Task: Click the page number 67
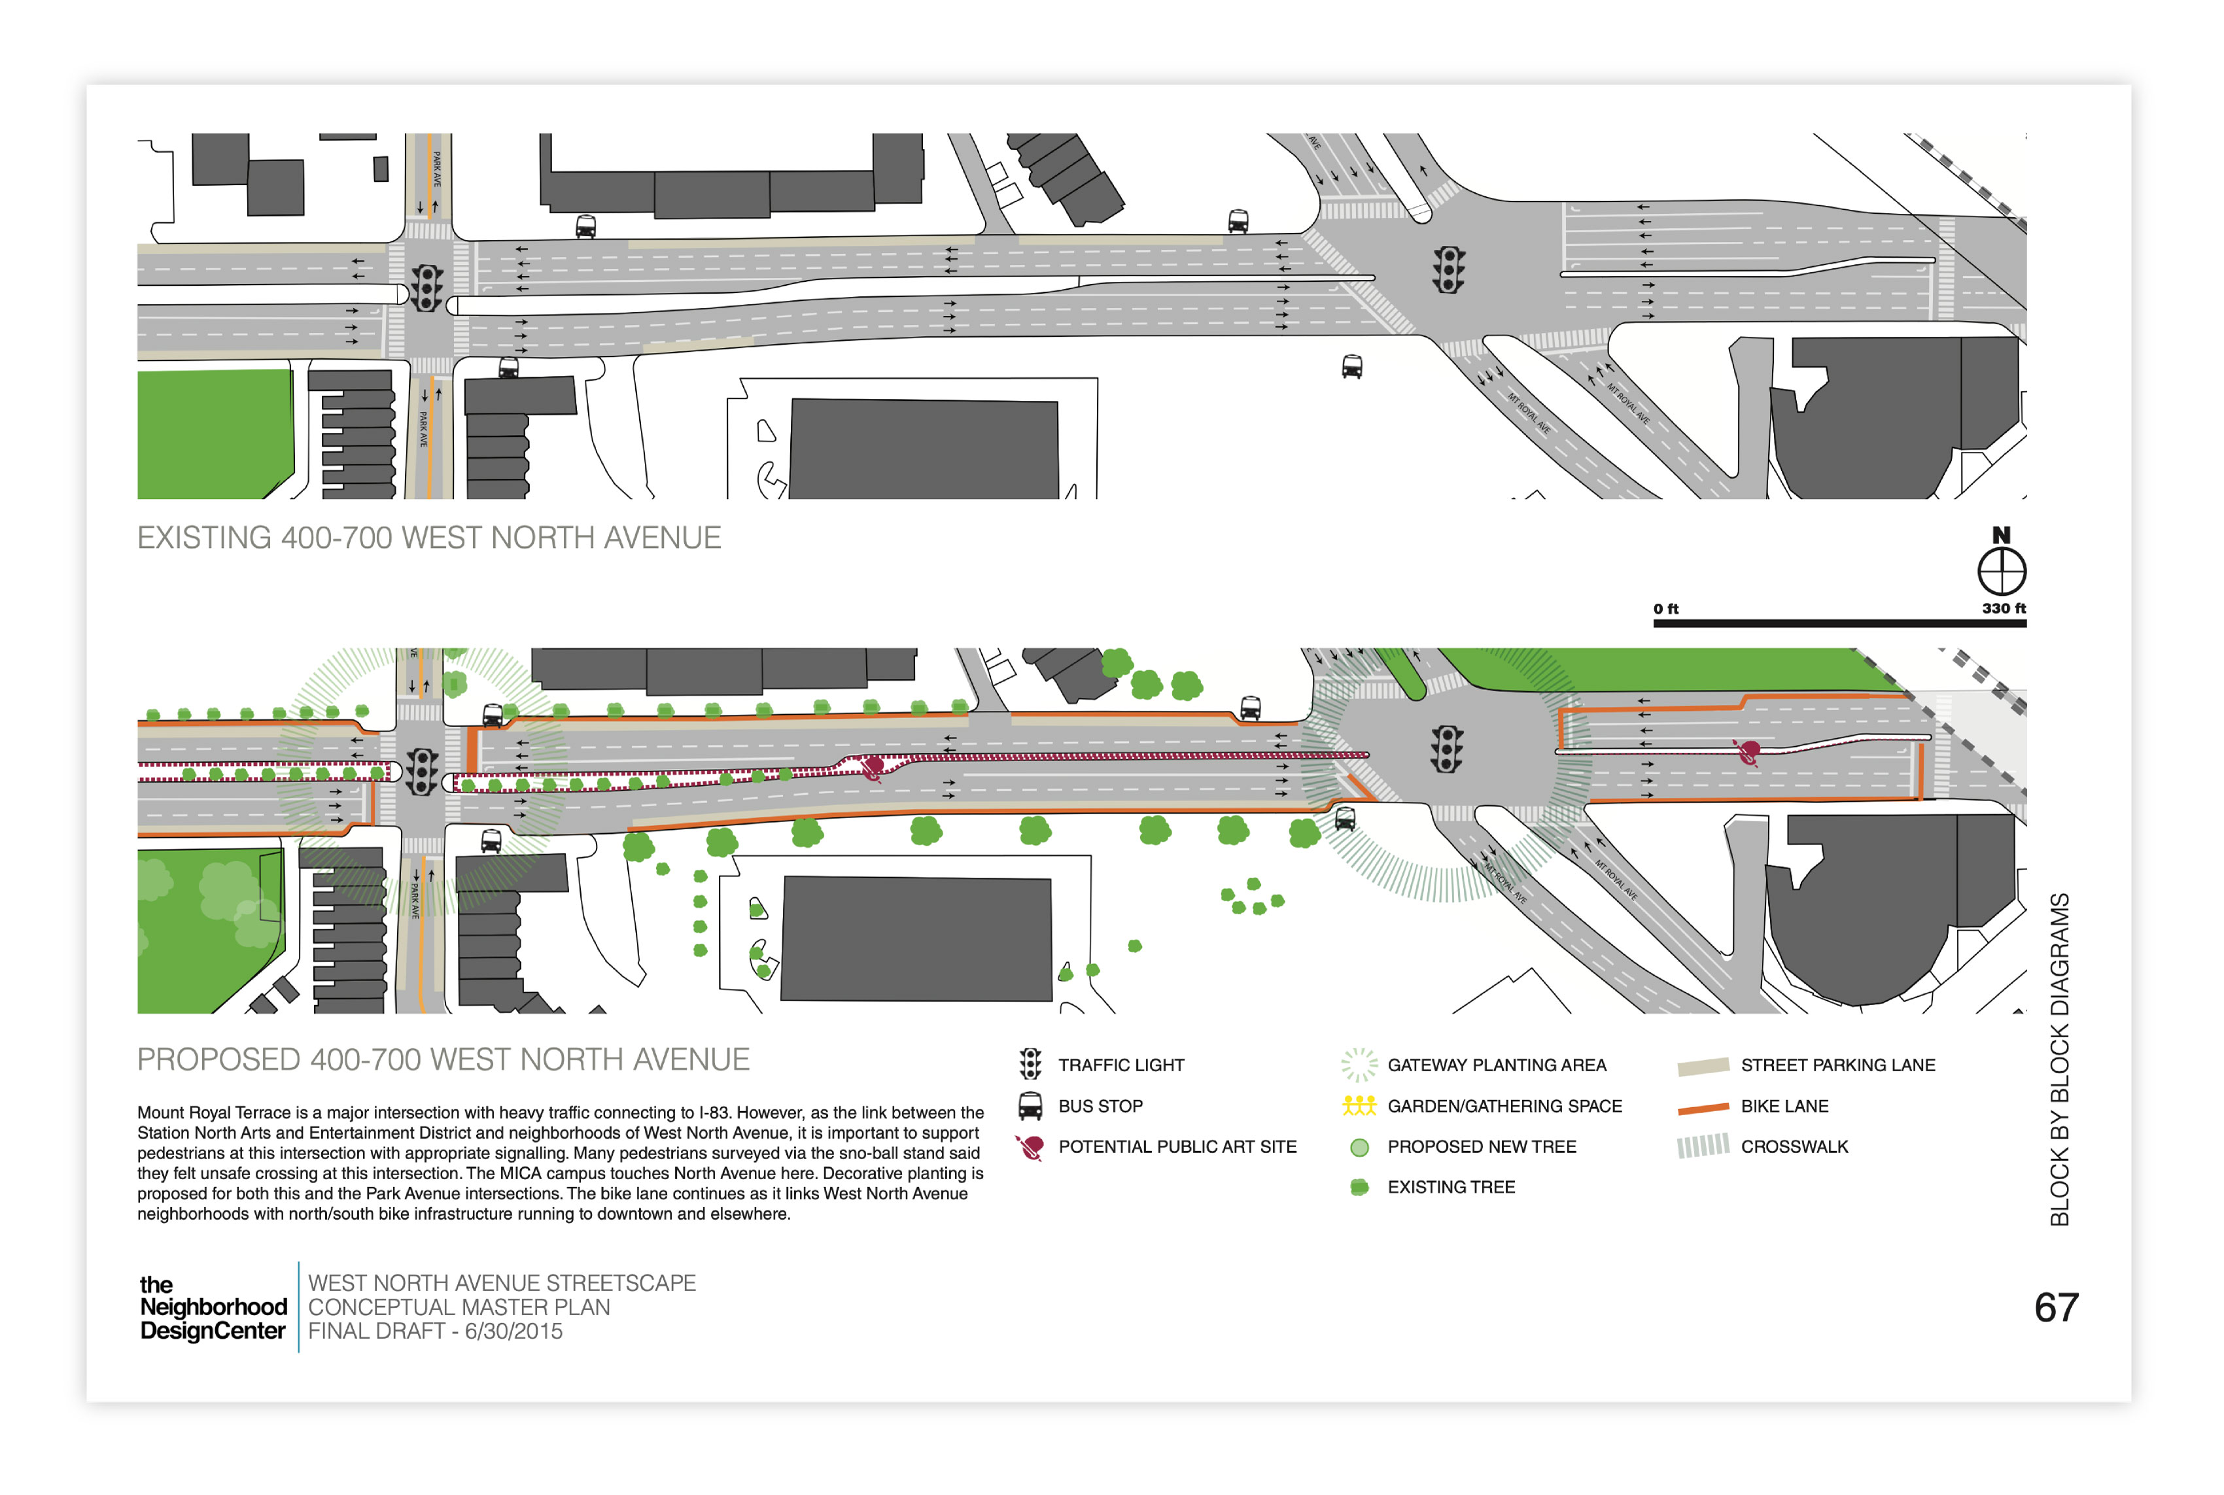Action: (2055, 1307)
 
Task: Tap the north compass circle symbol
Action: (2001, 571)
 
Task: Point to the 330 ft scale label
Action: (2003, 608)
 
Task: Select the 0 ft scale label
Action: (1665, 608)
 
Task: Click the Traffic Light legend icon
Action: (1030, 1064)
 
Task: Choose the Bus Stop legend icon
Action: (1030, 1106)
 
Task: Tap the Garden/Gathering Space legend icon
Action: (1359, 1106)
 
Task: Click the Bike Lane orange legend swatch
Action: (1702, 1107)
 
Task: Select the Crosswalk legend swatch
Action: (1702, 1146)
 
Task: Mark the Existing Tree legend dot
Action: (1359, 1187)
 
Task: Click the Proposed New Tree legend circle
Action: (1359, 1147)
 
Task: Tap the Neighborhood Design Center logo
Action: (213, 1307)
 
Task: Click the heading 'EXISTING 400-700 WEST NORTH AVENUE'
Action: (428, 538)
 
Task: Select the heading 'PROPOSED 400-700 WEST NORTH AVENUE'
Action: (443, 1059)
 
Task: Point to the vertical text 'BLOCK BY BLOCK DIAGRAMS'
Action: (2059, 1058)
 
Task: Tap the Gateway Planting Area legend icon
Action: (1359, 1064)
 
